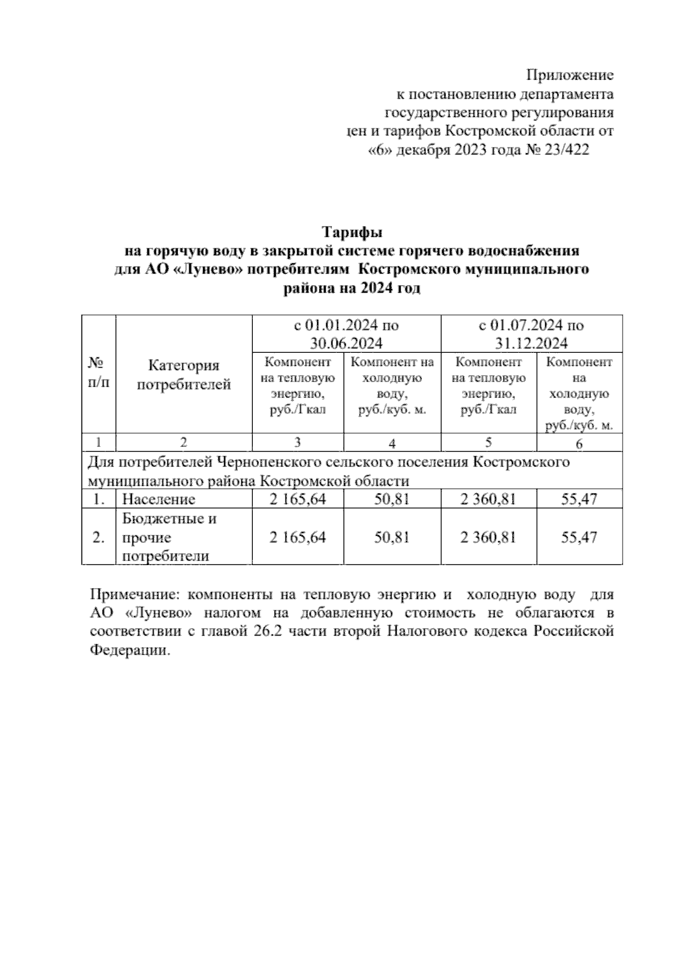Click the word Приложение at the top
coord(570,75)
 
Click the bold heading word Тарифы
coord(352,233)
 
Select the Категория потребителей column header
coord(183,375)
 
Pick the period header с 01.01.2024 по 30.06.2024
coord(346,334)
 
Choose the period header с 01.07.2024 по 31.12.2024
coord(531,334)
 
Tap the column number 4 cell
coord(392,443)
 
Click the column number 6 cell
coord(578,443)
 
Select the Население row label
coord(159,499)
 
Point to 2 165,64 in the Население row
coord(297,499)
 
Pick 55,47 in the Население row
coord(578,499)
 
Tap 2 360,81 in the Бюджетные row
coord(488,538)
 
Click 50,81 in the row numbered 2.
coord(392,538)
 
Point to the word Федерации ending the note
coord(130,651)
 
